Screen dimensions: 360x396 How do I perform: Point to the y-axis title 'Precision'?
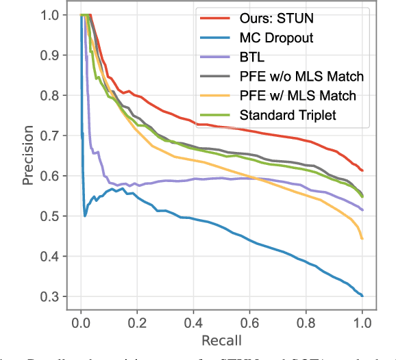pyautogui.click(x=10, y=160)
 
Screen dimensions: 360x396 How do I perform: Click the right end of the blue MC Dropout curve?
pyautogui.click(x=362, y=296)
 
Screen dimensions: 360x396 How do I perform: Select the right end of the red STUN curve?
pyautogui.click(x=362, y=170)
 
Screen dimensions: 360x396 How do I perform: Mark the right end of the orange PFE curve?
pyautogui.click(x=362, y=239)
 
